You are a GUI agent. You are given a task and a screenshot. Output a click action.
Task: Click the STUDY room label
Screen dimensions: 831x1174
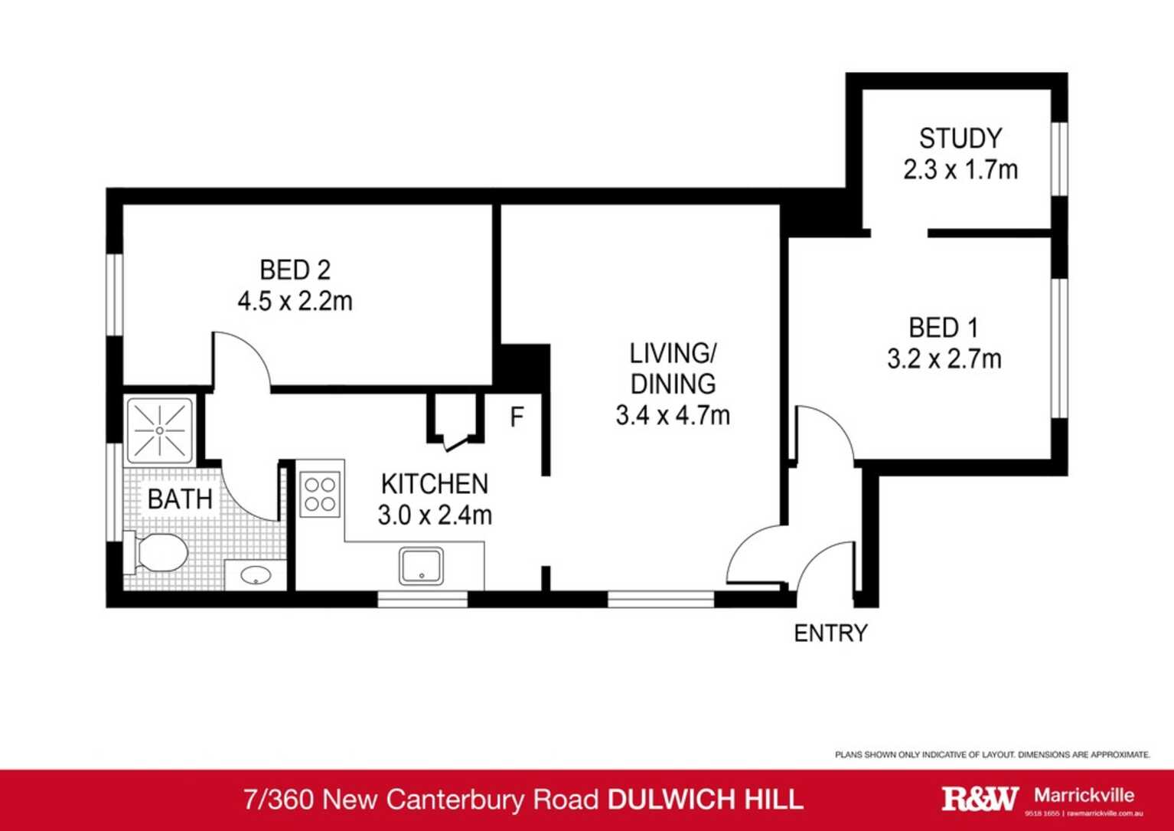(960, 139)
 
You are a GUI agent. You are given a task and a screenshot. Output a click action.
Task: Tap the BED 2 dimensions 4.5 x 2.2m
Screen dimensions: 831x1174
(295, 302)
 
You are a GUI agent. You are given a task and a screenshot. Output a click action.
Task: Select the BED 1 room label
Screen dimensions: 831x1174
(943, 328)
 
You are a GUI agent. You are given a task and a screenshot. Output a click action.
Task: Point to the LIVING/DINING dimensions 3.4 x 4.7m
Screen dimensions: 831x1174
(672, 415)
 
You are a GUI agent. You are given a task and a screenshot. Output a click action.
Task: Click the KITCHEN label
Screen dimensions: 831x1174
(434, 484)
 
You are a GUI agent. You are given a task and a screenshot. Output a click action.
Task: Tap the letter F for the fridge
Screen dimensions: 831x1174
(517, 417)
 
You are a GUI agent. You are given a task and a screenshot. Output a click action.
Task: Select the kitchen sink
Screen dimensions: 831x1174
(421, 566)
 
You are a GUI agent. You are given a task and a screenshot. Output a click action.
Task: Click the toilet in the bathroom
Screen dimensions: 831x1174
(158, 552)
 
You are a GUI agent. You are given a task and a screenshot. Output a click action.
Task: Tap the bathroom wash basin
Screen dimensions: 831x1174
(255, 574)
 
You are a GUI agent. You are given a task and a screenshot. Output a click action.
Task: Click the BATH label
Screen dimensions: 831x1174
(180, 499)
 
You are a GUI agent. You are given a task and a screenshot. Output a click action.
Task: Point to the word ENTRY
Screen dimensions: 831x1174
(830, 633)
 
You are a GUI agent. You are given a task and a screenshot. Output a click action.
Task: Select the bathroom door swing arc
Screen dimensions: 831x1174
(249, 490)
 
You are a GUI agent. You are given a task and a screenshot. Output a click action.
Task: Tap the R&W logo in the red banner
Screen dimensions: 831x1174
(980, 798)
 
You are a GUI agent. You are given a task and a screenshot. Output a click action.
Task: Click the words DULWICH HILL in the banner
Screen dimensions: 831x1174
(705, 799)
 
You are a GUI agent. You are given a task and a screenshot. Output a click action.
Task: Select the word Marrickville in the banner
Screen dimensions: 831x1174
(1084, 794)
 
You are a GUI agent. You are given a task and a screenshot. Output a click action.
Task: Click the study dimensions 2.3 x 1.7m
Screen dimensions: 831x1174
(960, 169)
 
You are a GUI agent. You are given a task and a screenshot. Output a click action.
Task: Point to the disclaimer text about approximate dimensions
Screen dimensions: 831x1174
(992, 754)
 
